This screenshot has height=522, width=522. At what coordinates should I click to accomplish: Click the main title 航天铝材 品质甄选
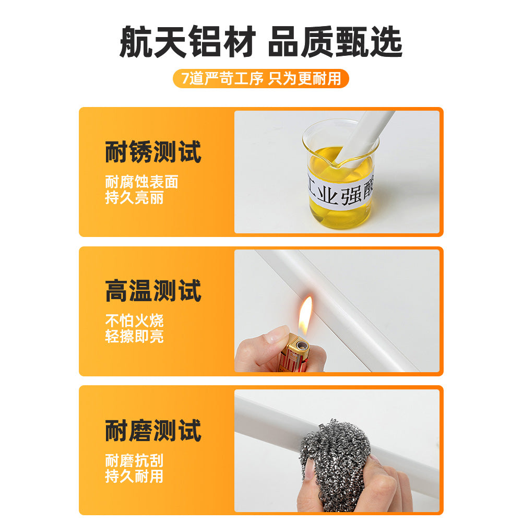tap(261, 42)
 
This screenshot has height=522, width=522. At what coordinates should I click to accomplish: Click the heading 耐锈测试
tap(153, 152)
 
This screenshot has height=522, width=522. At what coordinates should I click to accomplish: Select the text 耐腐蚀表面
tap(142, 182)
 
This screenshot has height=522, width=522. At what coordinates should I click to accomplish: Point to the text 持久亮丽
tap(135, 197)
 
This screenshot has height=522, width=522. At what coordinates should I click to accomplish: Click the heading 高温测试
tap(153, 291)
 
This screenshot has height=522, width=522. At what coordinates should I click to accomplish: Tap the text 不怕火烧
tap(135, 321)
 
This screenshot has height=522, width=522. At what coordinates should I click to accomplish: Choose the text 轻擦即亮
tap(135, 336)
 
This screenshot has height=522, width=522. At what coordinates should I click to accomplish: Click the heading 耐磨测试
tap(153, 430)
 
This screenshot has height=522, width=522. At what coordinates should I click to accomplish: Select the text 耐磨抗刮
tap(135, 460)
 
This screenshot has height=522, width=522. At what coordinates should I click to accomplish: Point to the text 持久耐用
tap(135, 476)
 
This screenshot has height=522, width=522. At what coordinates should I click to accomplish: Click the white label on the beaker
tap(340, 192)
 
